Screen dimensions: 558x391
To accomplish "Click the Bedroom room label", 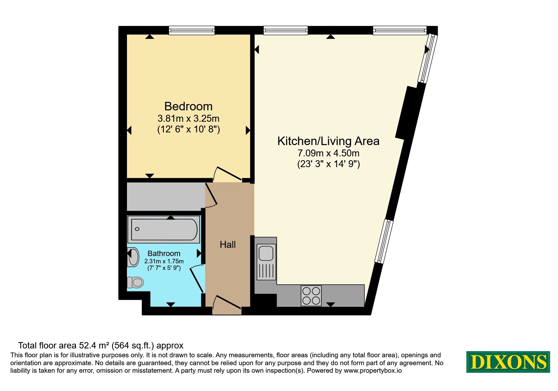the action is [188, 106].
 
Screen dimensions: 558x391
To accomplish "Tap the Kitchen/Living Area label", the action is [328, 141].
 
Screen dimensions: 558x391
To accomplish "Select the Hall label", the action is [228, 244].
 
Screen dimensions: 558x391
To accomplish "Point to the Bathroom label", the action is [164, 254].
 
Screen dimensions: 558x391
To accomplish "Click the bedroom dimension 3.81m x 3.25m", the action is [188, 119].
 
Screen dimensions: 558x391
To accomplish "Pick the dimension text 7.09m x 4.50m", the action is [329, 153].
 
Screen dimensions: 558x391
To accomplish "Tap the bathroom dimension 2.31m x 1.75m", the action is [164, 261].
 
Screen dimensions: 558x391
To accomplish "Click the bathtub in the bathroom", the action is [164, 229].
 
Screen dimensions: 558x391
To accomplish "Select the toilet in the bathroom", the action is [135, 282].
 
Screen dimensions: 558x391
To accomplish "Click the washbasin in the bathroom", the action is [134, 257].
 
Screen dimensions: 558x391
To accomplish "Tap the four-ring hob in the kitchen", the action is [311, 296].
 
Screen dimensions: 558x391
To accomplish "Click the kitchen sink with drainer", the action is [267, 262].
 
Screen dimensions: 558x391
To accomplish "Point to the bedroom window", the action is [192, 30].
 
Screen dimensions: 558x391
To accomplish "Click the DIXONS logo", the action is [508, 362].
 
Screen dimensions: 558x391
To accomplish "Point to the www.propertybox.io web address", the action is [373, 371].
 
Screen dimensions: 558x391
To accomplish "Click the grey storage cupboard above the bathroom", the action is [164, 197].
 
